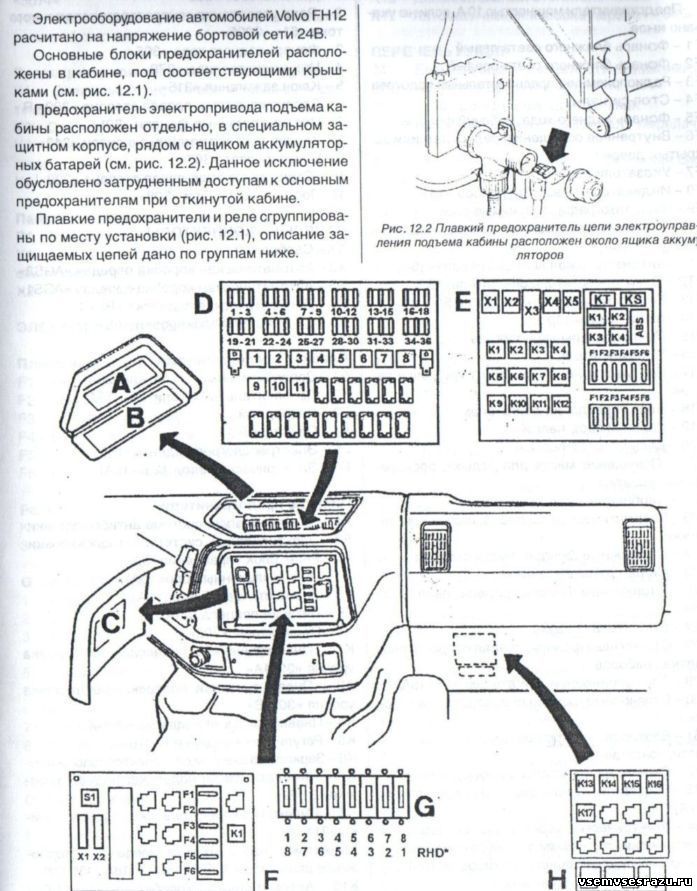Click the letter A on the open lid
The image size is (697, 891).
pyautogui.click(x=119, y=382)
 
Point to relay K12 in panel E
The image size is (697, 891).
pyautogui.click(x=561, y=404)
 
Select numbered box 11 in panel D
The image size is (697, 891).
pyautogui.click(x=299, y=387)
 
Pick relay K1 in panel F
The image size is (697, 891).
pyautogui.click(x=238, y=831)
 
